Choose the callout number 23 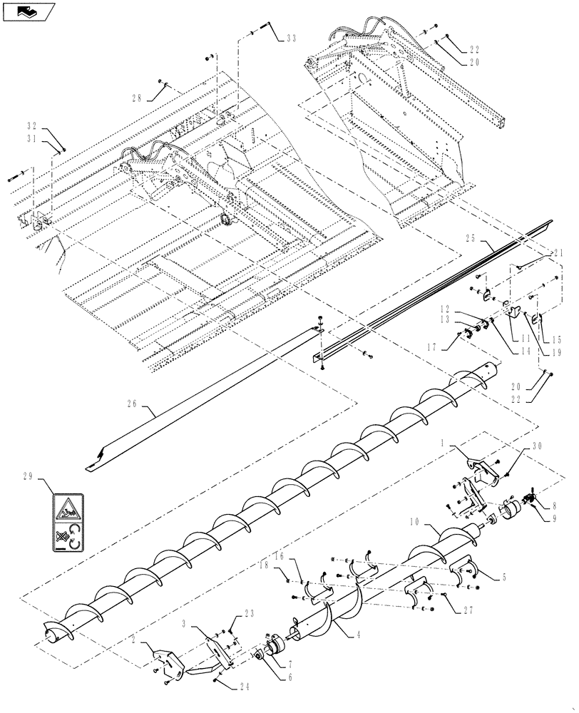(250, 611)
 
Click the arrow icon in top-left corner (29, 11)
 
